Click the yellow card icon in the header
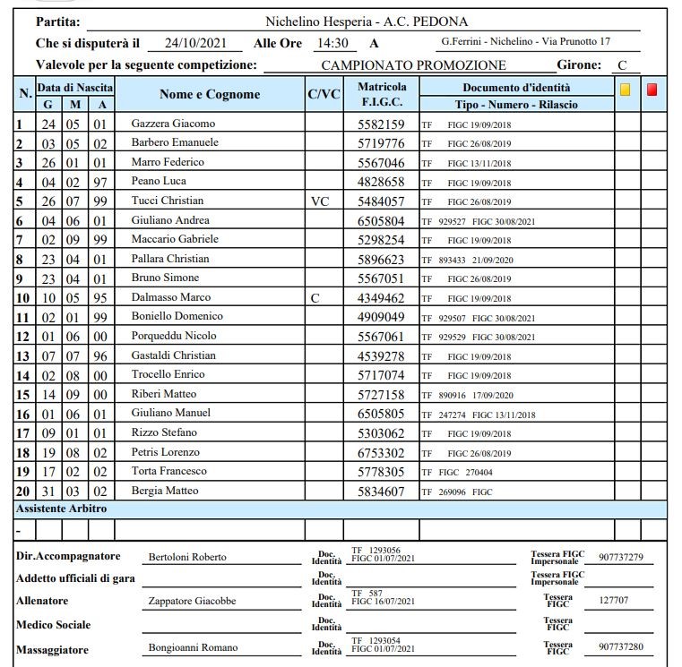coord(626,90)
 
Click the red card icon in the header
coord(652,90)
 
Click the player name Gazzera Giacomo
coord(173,124)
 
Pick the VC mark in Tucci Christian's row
coord(320,201)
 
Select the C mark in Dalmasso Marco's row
coord(315,298)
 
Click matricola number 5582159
coord(382,124)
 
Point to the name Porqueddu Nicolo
coord(174,337)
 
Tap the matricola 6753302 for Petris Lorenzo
coord(382,452)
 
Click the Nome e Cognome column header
coord(210,94)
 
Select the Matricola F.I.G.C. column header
coord(382,94)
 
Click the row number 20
coord(23,491)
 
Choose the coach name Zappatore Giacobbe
coord(192,602)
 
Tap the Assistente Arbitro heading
coord(62,509)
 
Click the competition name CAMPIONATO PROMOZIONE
coord(413,65)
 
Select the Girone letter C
coord(621,65)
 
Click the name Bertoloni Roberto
coord(187,557)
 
